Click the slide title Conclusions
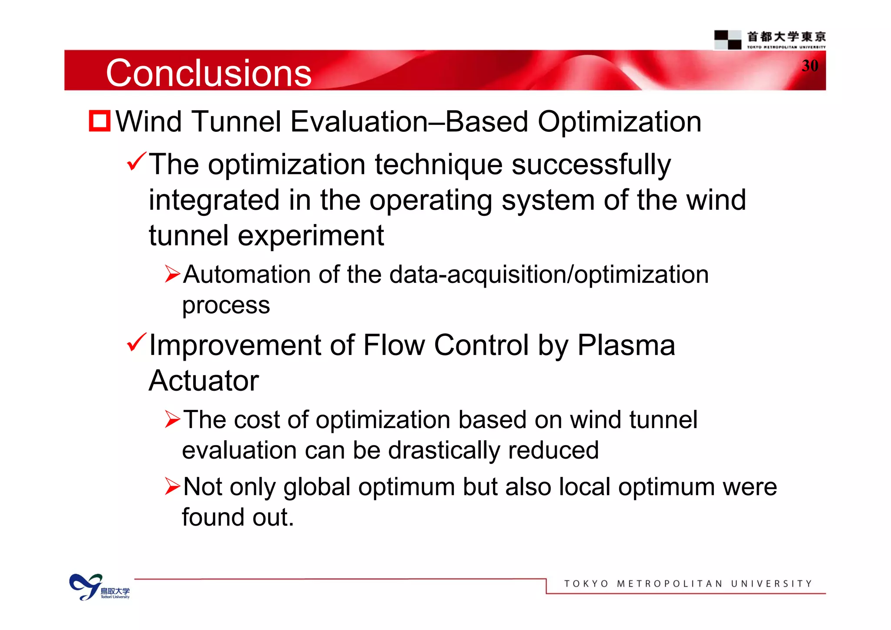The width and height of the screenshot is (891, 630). coord(208,73)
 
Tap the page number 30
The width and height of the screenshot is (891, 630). coord(810,66)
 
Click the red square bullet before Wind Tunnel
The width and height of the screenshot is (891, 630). coord(100,121)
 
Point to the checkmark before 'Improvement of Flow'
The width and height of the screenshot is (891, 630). coord(137,342)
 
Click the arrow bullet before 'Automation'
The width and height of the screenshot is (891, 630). coord(172,274)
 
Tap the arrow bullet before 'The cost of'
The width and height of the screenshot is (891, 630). coord(172,419)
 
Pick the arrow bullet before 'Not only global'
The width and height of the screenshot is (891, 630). coord(172,486)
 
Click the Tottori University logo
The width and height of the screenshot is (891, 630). coord(99,587)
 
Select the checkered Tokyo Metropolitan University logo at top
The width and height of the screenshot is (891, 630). coord(727,40)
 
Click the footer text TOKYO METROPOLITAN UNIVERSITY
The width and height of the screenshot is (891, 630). coord(688,583)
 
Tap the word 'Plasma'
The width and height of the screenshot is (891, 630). coord(626,345)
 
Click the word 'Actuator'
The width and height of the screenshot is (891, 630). coord(204,381)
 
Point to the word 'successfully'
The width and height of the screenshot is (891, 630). coord(591,165)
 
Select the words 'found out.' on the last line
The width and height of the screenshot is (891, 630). coord(238,517)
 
